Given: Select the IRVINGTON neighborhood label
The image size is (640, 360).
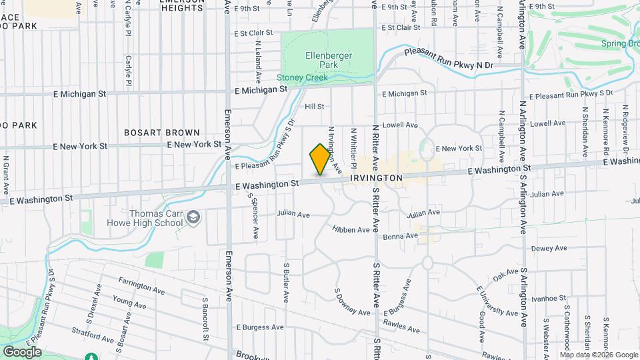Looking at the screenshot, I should (376, 179).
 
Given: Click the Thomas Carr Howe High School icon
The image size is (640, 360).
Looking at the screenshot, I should (193, 217).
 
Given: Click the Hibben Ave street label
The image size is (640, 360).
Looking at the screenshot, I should (351, 230).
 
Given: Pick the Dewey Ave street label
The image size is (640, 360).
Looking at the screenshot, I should (549, 249).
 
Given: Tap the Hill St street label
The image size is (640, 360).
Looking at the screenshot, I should (314, 107).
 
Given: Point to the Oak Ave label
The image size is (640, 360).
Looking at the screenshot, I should (506, 273).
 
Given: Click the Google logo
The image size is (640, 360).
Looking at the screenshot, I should (21, 352).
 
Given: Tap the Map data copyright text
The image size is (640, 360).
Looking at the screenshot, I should (599, 355).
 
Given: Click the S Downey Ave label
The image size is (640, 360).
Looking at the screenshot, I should (352, 303).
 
